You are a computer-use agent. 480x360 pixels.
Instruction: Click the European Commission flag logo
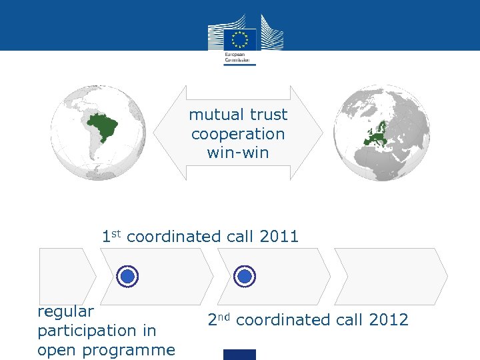pos(240,39)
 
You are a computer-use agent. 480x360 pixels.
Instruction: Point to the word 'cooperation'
pos(238,134)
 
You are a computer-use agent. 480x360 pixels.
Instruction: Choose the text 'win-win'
pos(238,153)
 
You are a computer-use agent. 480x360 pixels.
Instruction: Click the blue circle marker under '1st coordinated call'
pos(127,276)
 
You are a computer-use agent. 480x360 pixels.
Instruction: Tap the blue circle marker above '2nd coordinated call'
pos(245,276)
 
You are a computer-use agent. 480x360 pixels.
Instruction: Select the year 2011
pos(279,236)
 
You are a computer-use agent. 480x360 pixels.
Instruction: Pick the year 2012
pos(389,320)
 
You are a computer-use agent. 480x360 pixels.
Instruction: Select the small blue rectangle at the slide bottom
pos(239,355)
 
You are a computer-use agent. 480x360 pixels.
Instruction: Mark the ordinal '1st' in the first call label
pos(111,235)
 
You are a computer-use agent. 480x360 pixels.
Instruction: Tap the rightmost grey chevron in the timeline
pos(390,276)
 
